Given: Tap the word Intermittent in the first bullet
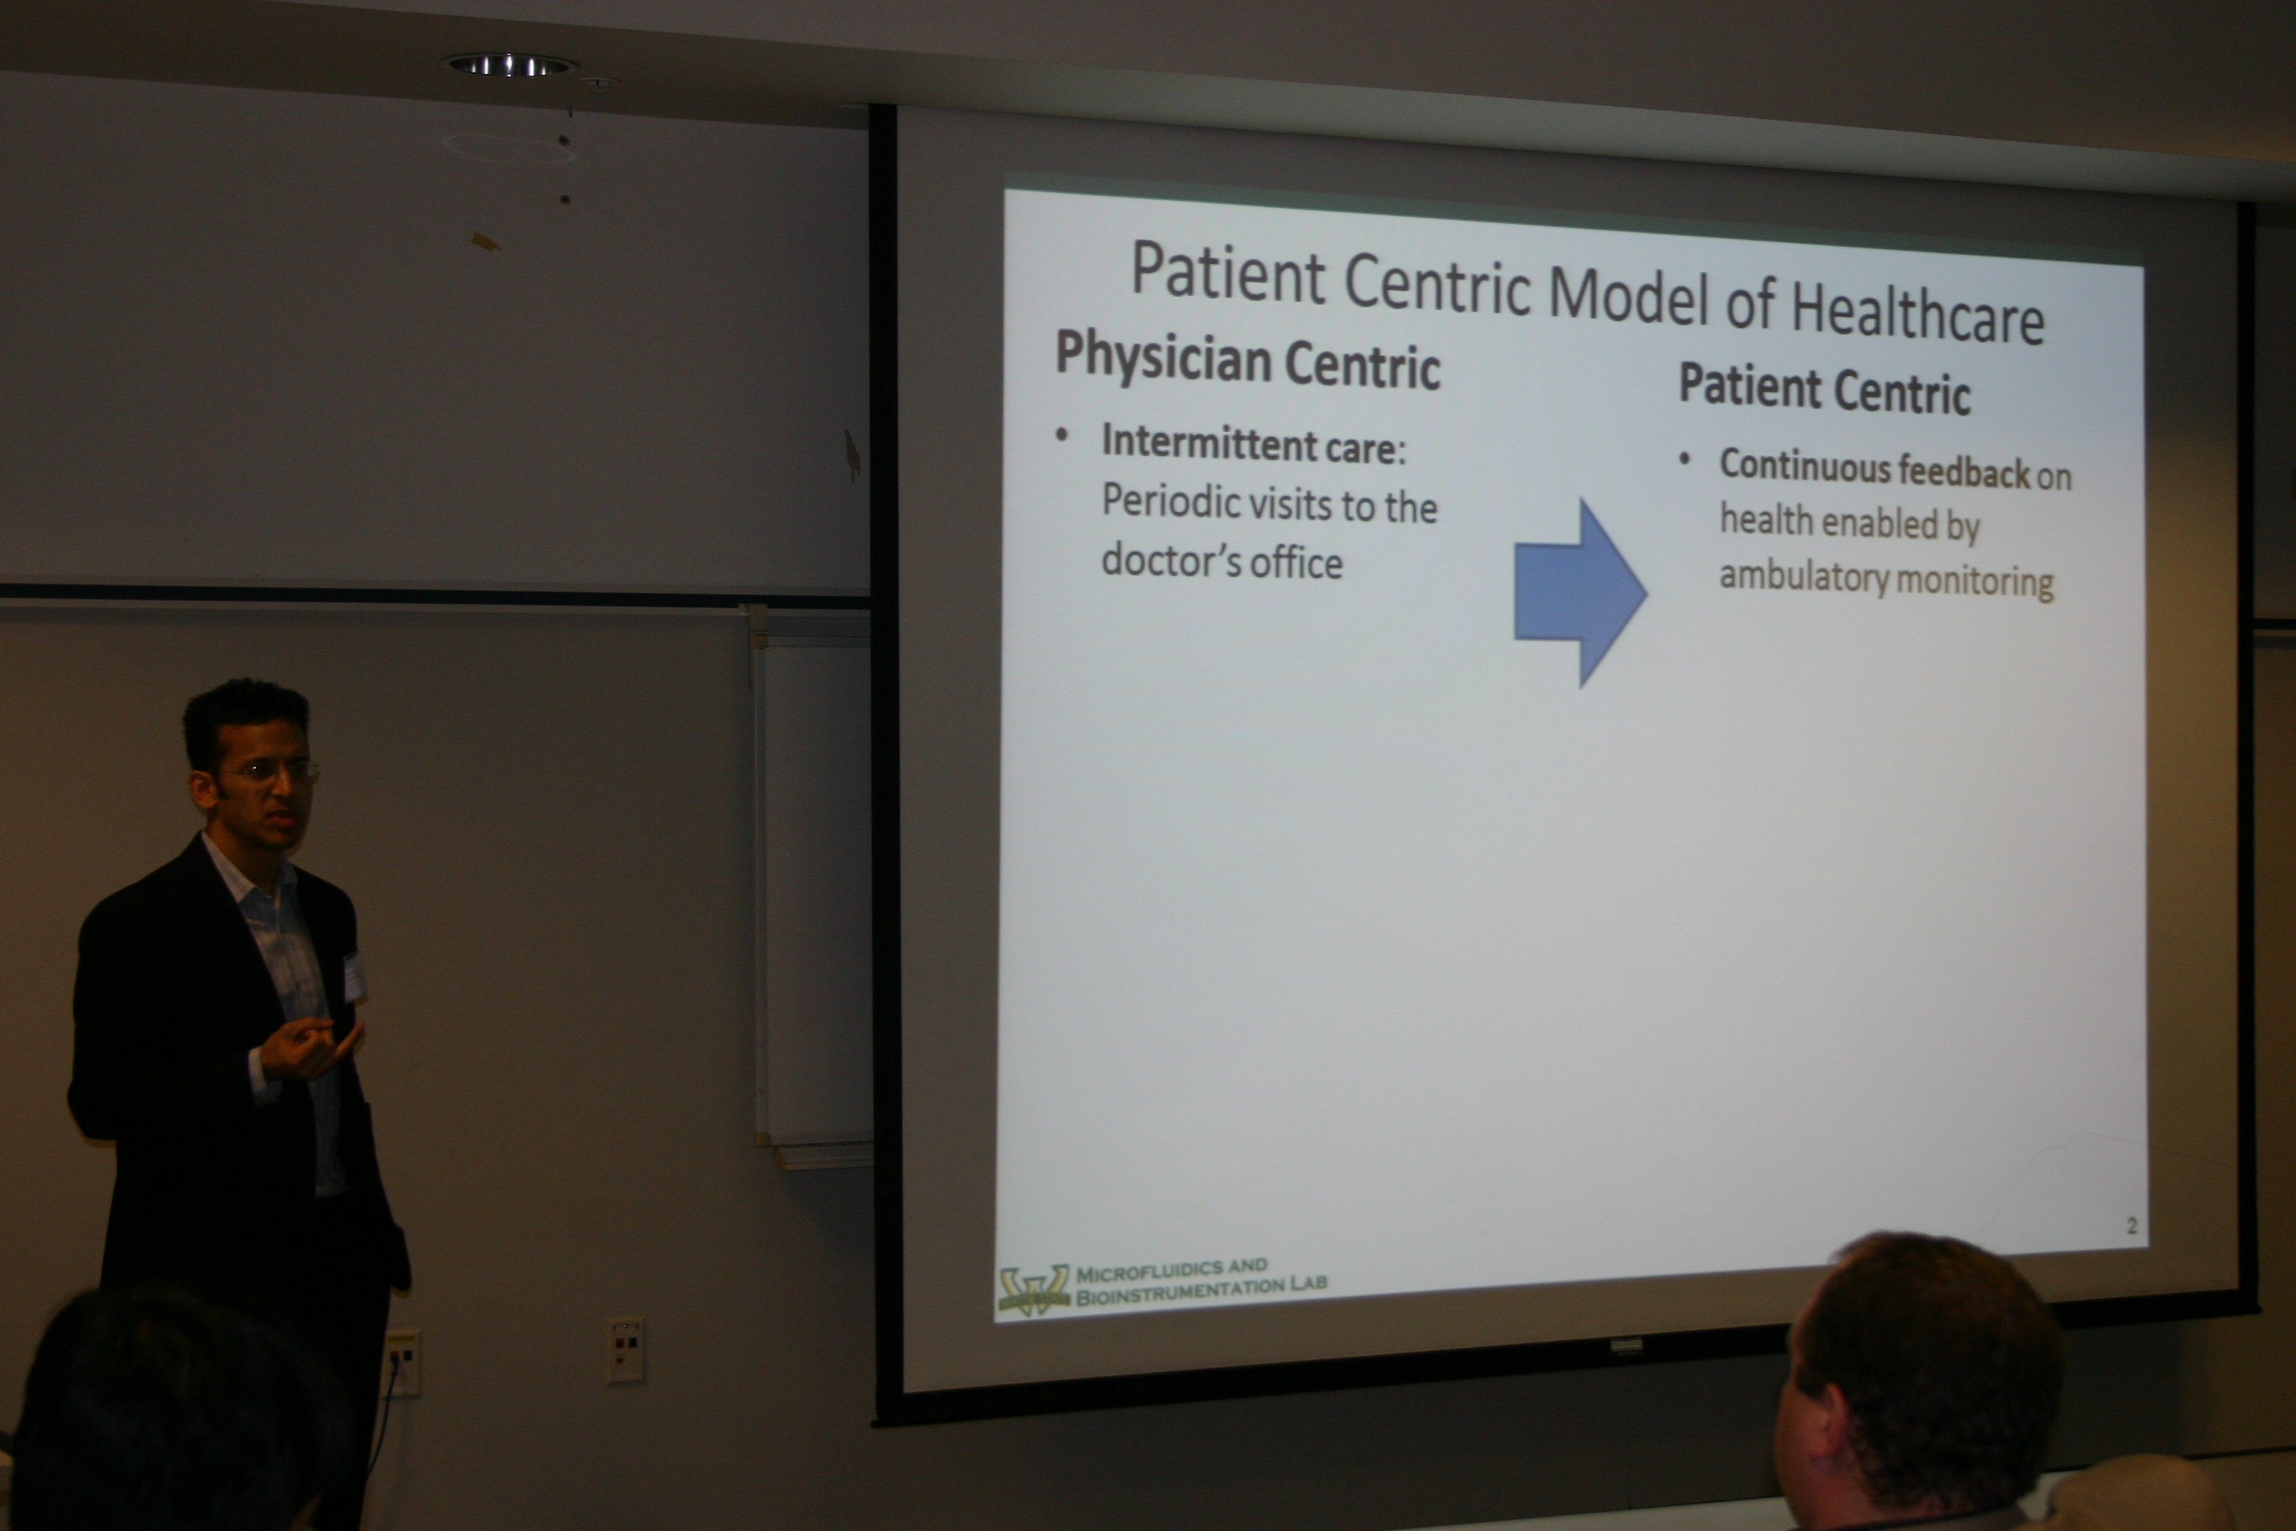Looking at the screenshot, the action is (1206, 443).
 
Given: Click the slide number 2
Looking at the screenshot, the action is (2132, 1225).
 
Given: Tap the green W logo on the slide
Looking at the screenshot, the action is (1033, 1290).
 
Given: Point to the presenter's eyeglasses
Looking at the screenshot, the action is (268, 771).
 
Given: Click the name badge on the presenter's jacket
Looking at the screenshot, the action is (354, 977).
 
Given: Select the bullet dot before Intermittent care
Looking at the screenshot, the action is (1062, 436).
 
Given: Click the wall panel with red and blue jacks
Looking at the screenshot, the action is (626, 1350).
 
